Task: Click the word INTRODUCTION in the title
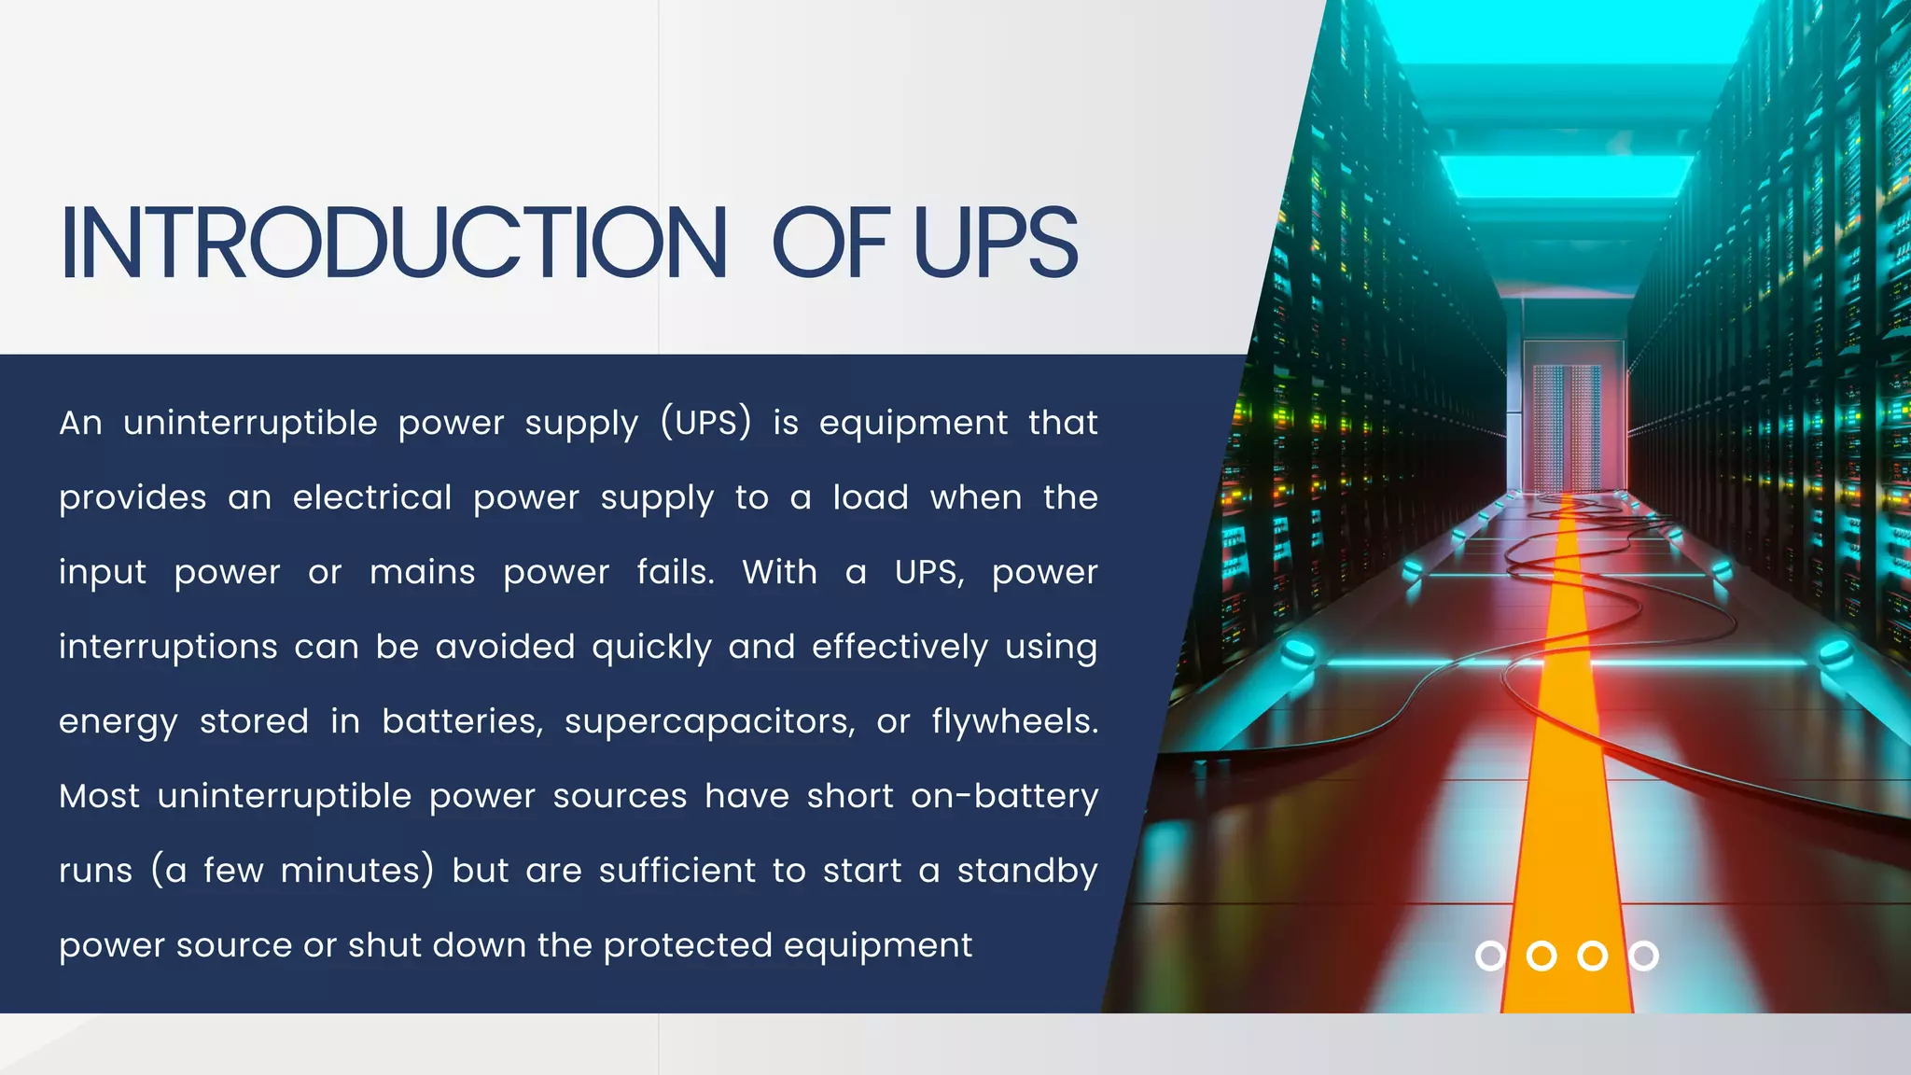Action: click(393, 243)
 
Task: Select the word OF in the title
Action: click(830, 243)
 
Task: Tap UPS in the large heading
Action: click(996, 243)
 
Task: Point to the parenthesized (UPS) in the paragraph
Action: click(705, 423)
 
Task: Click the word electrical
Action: click(372, 497)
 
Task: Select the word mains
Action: click(422, 572)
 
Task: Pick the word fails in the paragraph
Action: click(675, 572)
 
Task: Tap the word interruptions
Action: click(168, 647)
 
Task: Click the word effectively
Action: click(900, 647)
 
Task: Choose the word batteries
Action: click(462, 721)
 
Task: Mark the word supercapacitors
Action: click(710, 721)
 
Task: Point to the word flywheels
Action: click(1014, 721)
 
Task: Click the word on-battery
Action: click(1004, 796)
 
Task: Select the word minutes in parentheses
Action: click(356, 871)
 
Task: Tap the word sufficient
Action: click(677, 871)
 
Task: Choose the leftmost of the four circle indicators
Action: click(1490, 956)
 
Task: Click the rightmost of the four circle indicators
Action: click(1643, 956)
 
